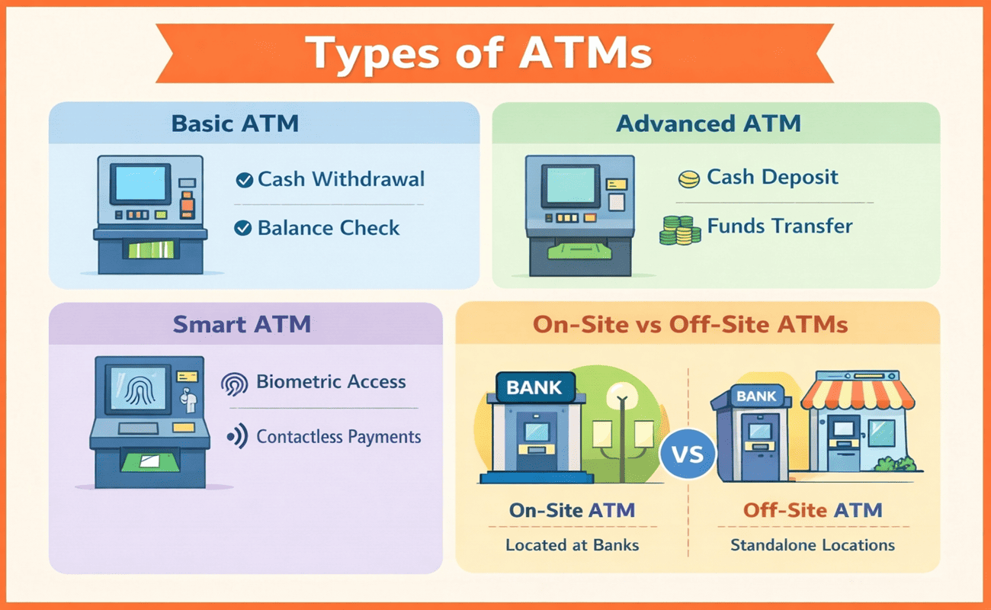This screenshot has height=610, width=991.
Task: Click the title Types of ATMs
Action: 479,53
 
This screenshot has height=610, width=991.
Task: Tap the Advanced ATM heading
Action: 708,124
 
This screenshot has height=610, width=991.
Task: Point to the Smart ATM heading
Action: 242,323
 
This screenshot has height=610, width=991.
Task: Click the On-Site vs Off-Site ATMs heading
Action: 690,324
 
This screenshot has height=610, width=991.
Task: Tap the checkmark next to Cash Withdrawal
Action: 244,180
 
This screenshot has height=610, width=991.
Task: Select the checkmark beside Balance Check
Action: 244,227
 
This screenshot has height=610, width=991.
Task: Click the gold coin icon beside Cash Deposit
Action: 688,180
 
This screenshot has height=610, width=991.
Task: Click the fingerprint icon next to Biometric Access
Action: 234,383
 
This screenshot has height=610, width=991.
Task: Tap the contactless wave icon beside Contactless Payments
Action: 238,437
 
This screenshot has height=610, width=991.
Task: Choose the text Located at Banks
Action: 572,545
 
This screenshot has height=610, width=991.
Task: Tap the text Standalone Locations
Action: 813,545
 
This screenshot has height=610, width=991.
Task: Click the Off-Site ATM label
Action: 813,510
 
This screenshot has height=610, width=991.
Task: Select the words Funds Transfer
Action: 779,226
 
